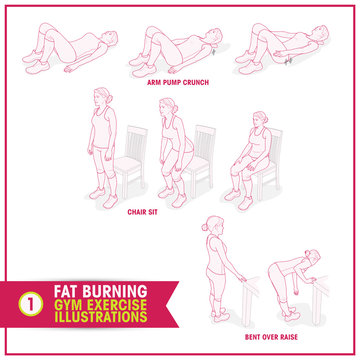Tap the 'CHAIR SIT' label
point(143,212)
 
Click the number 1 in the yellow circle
point(31,296)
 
